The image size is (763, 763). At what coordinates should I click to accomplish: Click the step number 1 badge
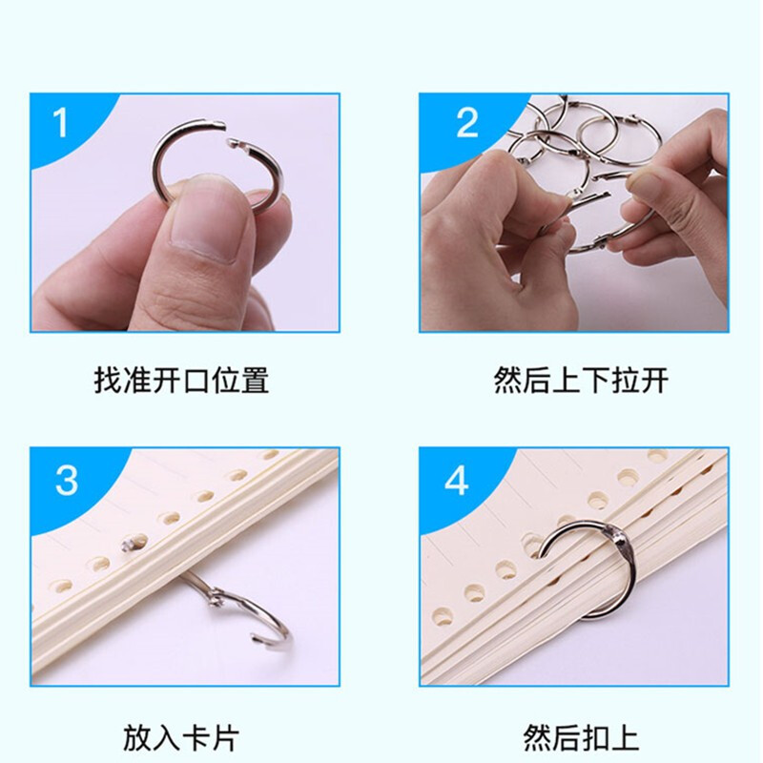pyautogui.click(x=60, y=123)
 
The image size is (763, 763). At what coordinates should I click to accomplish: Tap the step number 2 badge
pyautogui.click(x=467, y=123)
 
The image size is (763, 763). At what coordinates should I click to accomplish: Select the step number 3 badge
pyautogui.click(x=67, y=481)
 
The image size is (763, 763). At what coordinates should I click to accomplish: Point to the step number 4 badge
pyautogui.click(x=457, y=481)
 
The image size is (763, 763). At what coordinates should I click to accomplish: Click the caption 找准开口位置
pyautogui.click(x=181, y=380)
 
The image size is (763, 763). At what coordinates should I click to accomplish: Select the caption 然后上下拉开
pyautogui.click(x=581, y=380)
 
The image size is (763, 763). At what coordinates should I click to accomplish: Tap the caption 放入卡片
pyautogui.click(x=181, y=737)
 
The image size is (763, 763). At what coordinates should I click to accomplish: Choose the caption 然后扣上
pyautogui.click(x=581, y=737)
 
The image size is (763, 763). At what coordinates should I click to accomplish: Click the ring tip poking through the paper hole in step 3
pyautogui.click(x=129, y=545)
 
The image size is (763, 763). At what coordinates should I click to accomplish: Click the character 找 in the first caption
pyautogui.click(x=108, y=380)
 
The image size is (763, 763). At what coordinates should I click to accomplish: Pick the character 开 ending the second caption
pyautogui.click(x=654, y=380)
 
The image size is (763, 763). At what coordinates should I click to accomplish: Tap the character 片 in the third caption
pyautogui.click(x=225, y=737)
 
